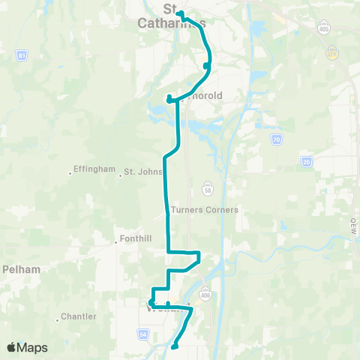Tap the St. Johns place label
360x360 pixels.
[x=142, y=172]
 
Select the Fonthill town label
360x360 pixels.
[x=136, y=239]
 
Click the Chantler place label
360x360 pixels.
[x=78, y=316]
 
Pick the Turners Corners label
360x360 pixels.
[x=205, y=210]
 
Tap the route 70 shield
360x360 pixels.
[x=276, y=139]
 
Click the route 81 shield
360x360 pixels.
[x=22, y=56]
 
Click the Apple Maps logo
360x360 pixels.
[x=27, y=347]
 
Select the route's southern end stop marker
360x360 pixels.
[x=174, y=346]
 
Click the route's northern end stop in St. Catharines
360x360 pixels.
[x=178, y=12]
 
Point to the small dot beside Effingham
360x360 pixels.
[x=71, y=173]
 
